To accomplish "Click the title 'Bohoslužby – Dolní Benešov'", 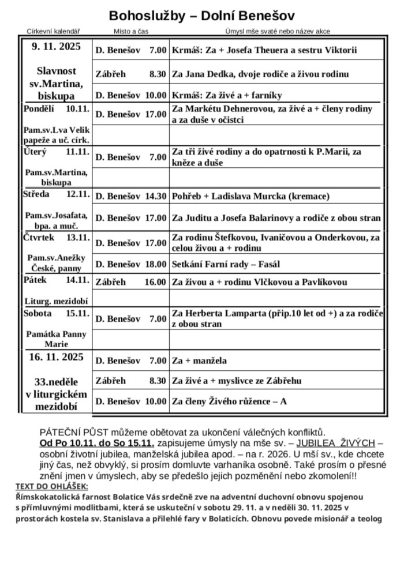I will pyautogui.click(x=201, y=15).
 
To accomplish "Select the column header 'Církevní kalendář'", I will pyautogui.click(x=53, y=31).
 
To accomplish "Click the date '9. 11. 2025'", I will pyautogui.click(x=57, y=46).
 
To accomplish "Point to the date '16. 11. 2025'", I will pyautogui.click(x=57, y=357).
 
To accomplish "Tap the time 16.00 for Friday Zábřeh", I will pyautogui.click(x=155, y=282).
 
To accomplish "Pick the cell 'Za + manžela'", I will pyautogui.click(x=199, y=361).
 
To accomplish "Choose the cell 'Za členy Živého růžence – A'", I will pyautogui.click(x=229, y=401).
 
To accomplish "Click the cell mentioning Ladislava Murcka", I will pyautogui.click(x=250, y=196).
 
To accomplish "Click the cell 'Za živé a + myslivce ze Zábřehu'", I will pyautogui.click(x=237, y=381).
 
